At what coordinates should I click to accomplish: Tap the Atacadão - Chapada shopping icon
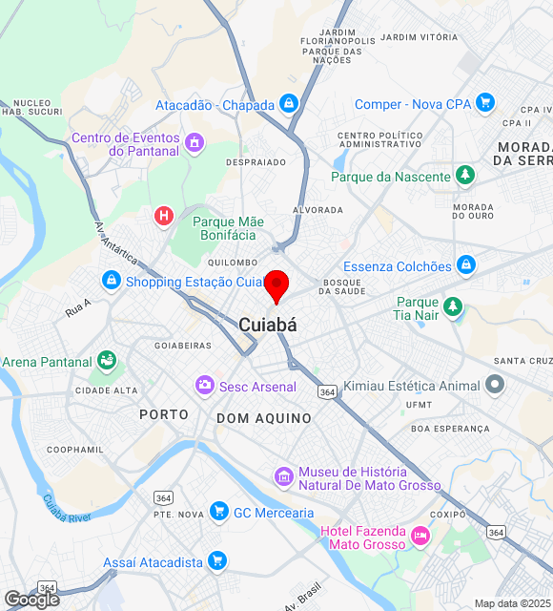[289, 104]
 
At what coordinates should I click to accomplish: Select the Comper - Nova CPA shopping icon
[485, 103]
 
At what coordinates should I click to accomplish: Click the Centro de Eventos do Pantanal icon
[195, 144]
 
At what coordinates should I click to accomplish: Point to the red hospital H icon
[164, 217]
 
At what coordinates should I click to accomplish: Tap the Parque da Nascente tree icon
[464, 176]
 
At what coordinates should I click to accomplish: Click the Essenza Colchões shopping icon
[466, 265]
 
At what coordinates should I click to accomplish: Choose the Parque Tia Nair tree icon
[454, 307]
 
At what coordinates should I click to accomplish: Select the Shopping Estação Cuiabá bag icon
[112, 281]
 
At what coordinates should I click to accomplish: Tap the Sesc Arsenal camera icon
[204, 386]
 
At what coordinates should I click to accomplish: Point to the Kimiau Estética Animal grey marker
[494, 385]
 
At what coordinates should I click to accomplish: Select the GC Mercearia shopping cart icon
[218, 512]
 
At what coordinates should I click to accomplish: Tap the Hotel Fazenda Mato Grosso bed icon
[420, 539]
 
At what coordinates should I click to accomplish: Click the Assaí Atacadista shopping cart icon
[217, 561]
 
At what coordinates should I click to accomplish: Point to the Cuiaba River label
[66, 508]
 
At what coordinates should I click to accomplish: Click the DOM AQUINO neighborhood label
[263, 418]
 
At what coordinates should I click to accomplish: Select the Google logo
[31, 599]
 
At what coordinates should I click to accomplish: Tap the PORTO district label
[164, 414]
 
